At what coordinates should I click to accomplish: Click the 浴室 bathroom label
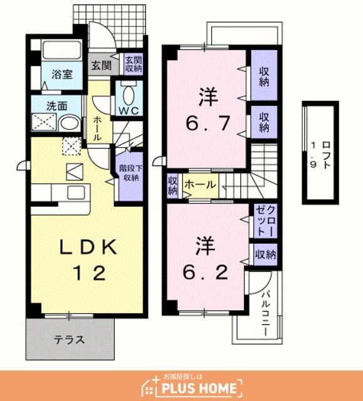[x=62, y=75]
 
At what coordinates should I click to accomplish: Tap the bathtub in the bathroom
[x=62, y=50]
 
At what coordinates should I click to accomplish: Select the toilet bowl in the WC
[x=129, y=95]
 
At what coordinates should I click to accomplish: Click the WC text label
[x=129, y=111]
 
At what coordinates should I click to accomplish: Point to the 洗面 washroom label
[x=57, y=106]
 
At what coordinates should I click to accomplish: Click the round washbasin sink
[x=70, y=123]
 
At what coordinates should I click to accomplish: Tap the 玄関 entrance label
[x=102, y=65]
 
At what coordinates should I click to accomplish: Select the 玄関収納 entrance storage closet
[x=134, y=65]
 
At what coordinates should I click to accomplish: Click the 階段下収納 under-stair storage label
[x=131, y=173]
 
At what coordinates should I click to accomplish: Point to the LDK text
[x=88, y=247]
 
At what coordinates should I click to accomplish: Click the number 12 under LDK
[x=89, y=273]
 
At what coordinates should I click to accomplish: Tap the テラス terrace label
[x=69, y=340]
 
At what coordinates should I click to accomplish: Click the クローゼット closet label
[x=266, y=221]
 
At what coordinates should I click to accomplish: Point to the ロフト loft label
[x=326, y=155]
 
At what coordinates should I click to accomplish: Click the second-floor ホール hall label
[x=200, y=184]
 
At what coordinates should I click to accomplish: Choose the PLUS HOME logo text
[x=199, y=388]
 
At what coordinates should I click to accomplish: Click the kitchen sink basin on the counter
[x=76, y=192]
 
